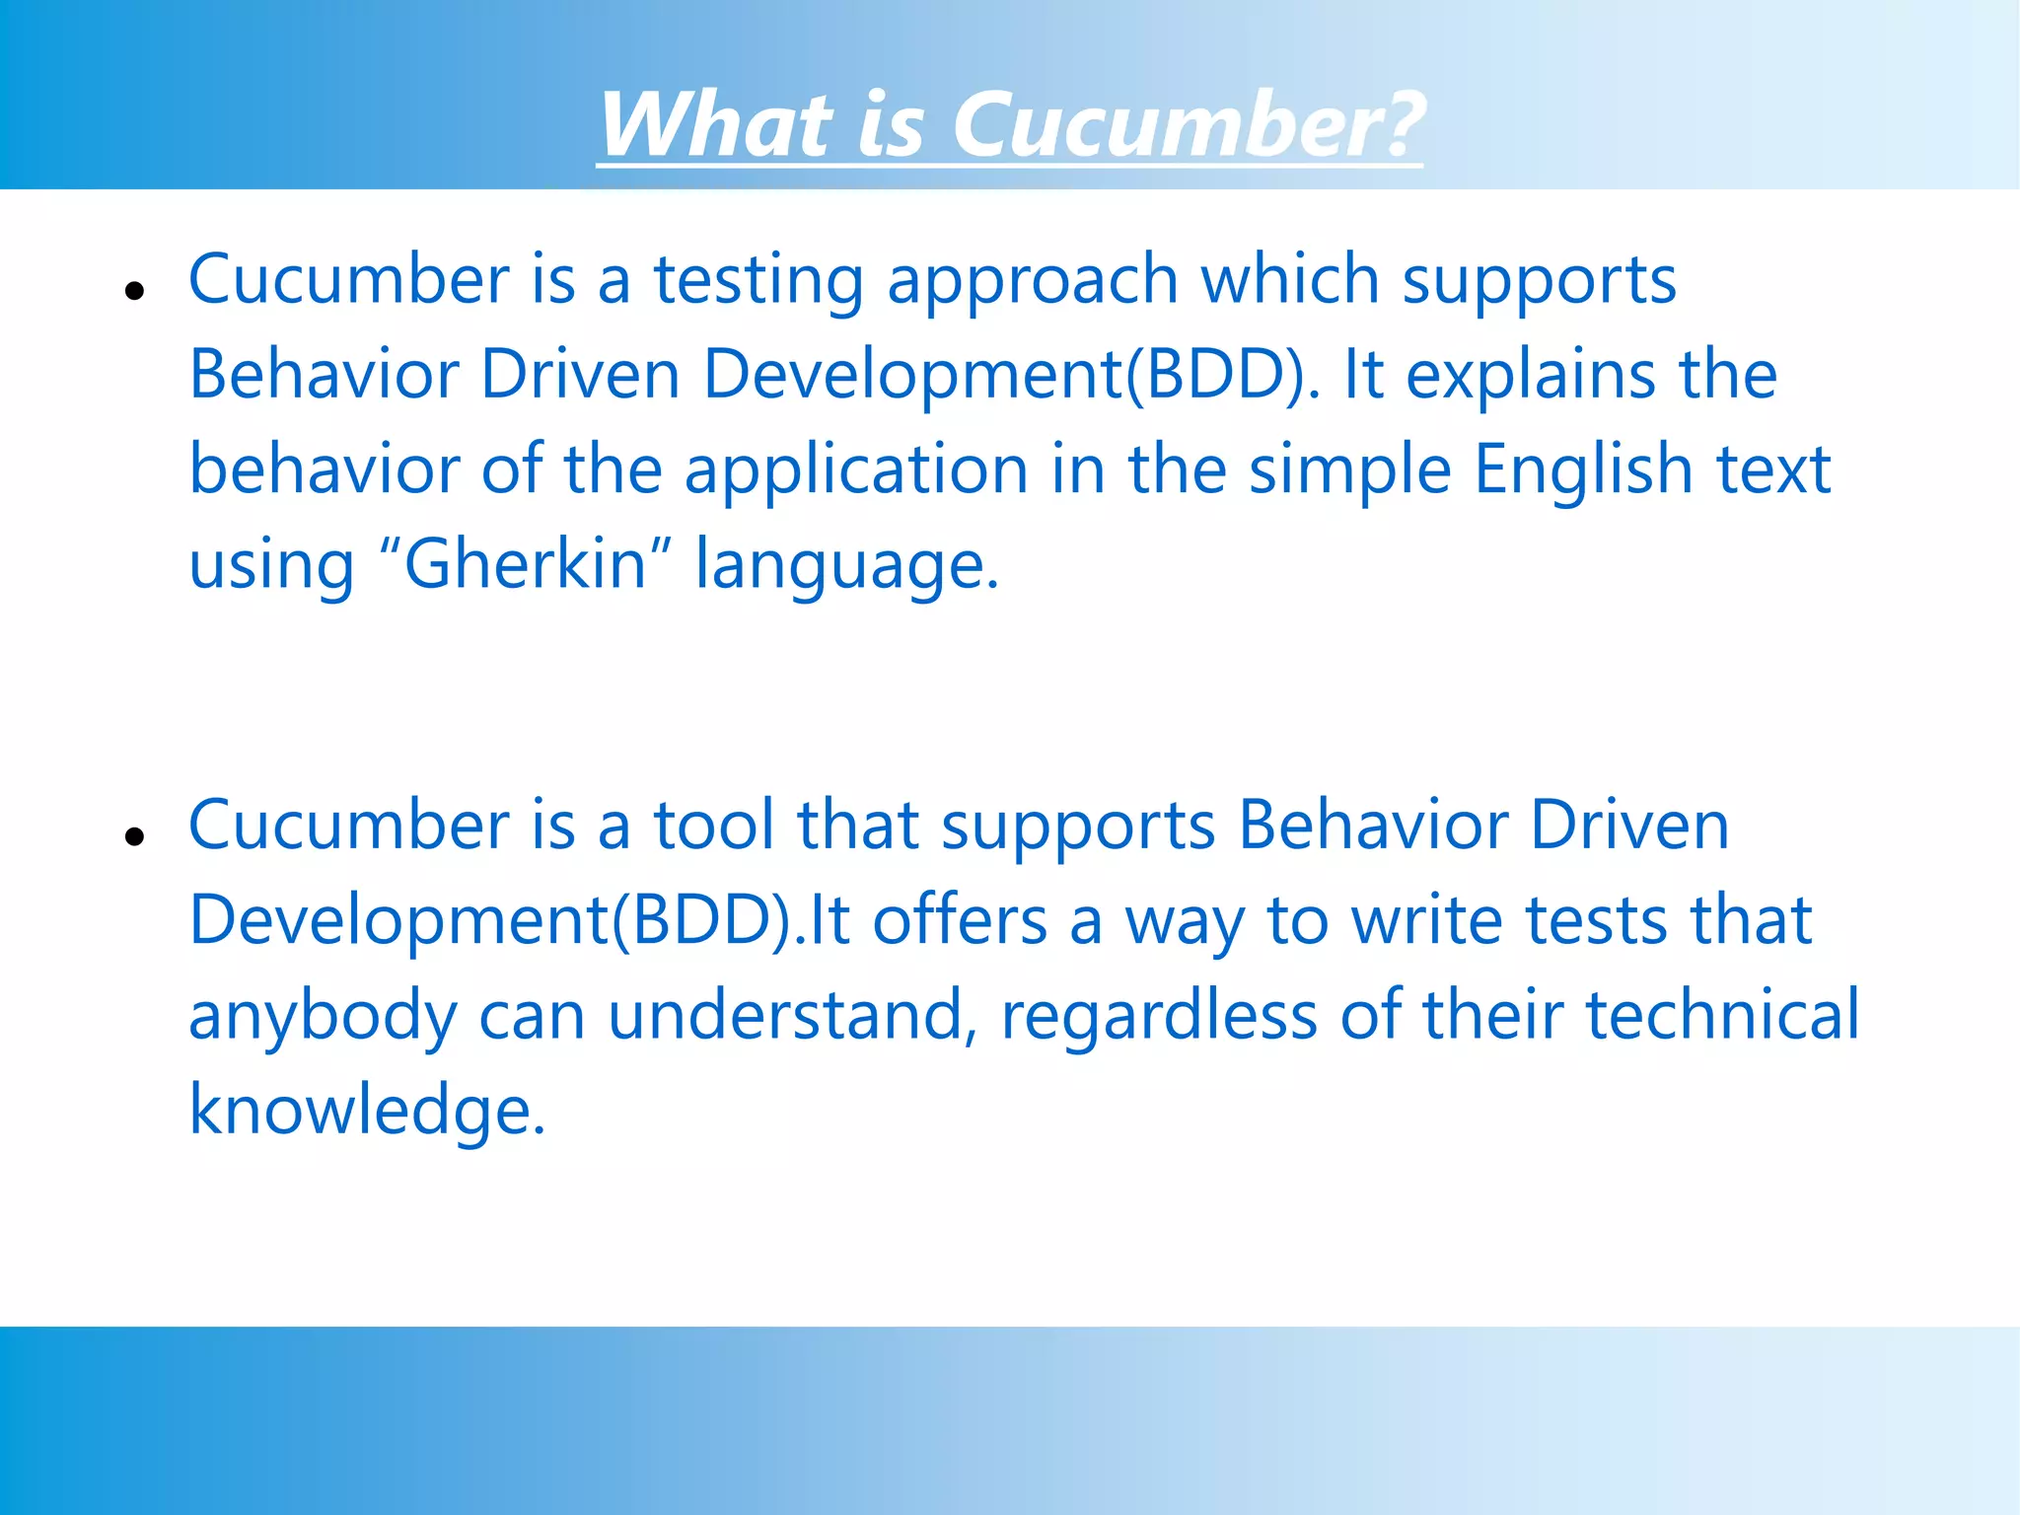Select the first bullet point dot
tap(135, 291)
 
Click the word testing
tap(758, 281)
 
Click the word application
tap(856, 469)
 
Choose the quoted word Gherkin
tap(525, 564)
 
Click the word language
tap(846, 566)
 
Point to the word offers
tap(960, 920)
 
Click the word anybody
tap(323, 1017)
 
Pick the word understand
tap(785, 1015)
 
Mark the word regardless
tap(1159, 1015)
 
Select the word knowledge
tap(366, 1111)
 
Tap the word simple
tap(1350, 469)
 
